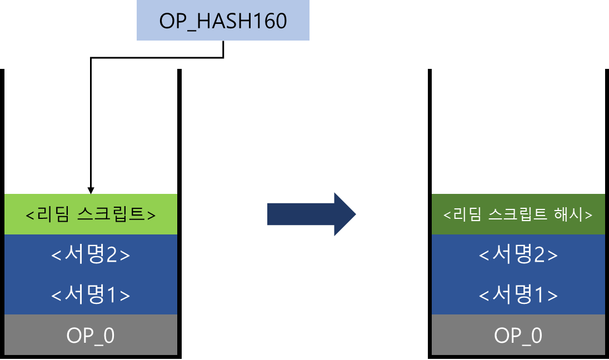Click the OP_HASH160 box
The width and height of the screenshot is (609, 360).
(223, 21)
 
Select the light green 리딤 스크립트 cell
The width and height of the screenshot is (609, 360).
(91, 214)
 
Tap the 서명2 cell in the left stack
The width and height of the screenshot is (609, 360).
(91, 254)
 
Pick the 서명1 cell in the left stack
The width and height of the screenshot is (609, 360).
(91, 294)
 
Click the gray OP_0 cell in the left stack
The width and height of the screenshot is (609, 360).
(91, 335)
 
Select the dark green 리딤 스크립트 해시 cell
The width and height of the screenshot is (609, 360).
(518, 214)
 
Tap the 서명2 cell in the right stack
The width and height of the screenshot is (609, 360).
(518, 254)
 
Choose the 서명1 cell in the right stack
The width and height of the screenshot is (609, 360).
(518, 294)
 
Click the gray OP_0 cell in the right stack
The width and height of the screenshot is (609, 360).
(518, 335)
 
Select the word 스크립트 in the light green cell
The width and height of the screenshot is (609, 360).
(106, 214)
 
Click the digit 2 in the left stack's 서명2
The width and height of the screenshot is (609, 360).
(114, 255)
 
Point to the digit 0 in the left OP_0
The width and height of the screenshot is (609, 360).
(109, 336)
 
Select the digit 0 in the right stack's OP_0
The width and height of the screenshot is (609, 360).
(537, 336)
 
